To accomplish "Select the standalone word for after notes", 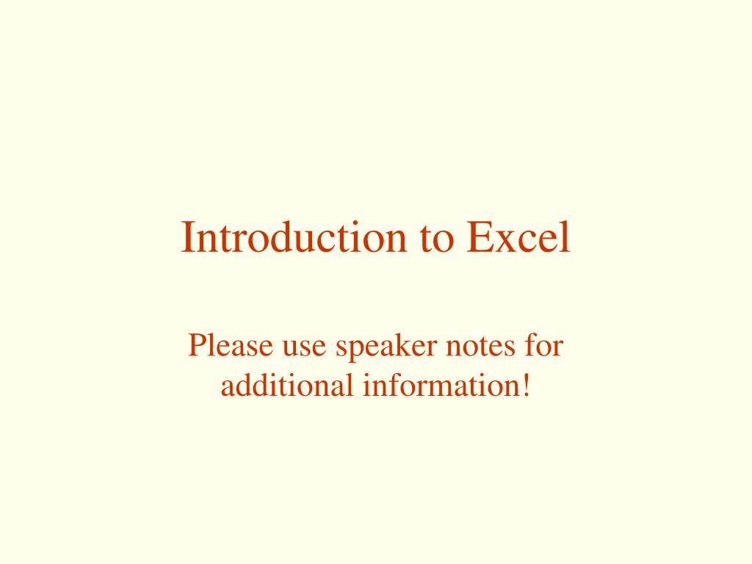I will pos(544,346).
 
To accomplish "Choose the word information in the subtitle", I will pos(438,385).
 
